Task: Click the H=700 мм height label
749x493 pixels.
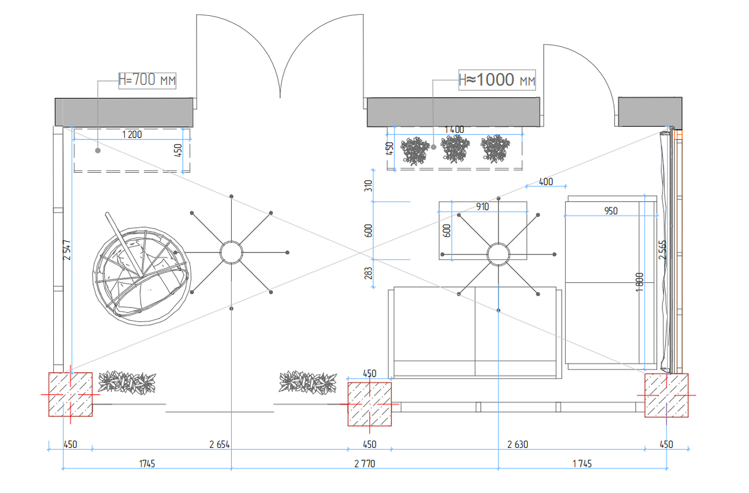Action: [x=147, y=80]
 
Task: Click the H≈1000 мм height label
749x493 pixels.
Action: [x=497, y=80]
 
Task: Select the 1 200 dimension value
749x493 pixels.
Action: [x=132, y=135]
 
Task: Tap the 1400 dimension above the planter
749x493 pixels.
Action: [x=454, y=129]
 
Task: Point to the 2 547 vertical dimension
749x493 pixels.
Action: [x=68, y=249]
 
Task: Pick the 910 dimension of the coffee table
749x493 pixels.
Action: [x=483, y=207]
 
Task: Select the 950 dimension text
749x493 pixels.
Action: [x=610, y=211]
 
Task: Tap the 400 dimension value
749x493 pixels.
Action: [x=545, y=182]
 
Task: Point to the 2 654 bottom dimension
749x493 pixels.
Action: [x=219, y=444]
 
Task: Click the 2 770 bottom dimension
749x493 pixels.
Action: [x=365, y=464]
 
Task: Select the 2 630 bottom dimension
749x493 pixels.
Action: [x=517, y=444]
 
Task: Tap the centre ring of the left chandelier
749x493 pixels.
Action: [x=231, y=252]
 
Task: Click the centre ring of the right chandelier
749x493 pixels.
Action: [x=499, y=255]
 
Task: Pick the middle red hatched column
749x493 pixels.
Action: [x=370, y=404]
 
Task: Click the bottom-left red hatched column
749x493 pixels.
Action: [x=70, y=395]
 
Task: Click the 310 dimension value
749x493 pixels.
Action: [x=369, y=187]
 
